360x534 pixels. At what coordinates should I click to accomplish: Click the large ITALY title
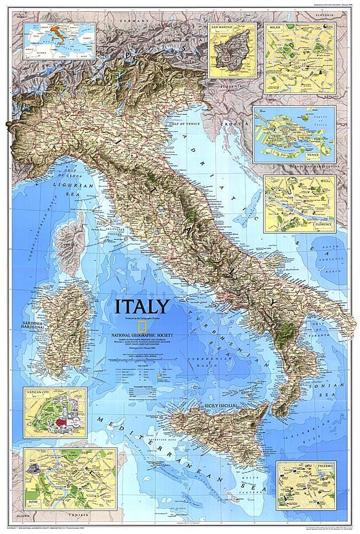142,307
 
